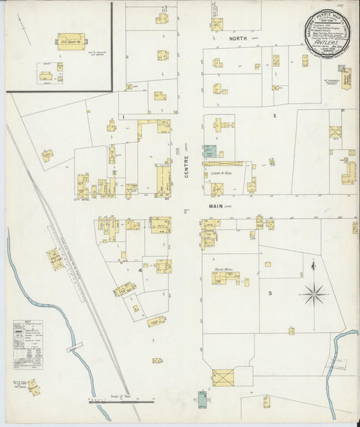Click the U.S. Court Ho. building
pos(70,41)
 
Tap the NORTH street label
pos(238,39)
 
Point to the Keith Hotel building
pos(224,276)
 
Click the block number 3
pos(269,293)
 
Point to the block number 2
pos(274,116)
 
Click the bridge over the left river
pos(74,347)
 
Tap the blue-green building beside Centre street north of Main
pos(211,152)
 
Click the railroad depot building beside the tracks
pos(55,258)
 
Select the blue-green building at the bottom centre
pos(202,397)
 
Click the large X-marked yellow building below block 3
pos(222,377)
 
